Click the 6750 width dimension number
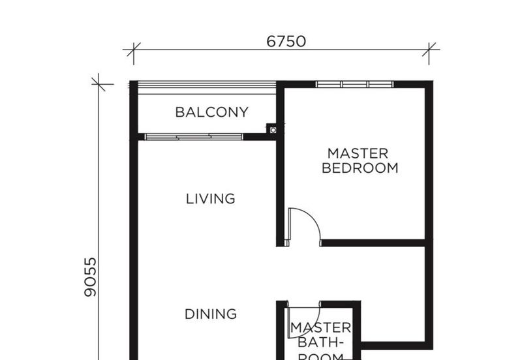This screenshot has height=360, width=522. tap(286, 42)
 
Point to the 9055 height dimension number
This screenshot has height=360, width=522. tap(90, 277)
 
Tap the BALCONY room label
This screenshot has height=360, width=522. tap(211, 112)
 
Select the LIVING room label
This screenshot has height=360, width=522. tap(210, 199)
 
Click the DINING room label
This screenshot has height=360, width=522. tap(211, 314)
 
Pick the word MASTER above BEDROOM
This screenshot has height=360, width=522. tap(358, 153)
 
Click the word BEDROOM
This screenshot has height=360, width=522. tap(360, 168)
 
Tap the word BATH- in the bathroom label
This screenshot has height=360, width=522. tap(320, 342)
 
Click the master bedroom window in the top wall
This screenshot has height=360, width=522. tap(354, 84)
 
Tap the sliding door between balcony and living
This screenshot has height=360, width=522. tap(194, 137)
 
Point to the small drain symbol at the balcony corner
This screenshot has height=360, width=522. tap(273, 130)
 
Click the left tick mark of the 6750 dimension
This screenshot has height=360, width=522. tap(134, 50)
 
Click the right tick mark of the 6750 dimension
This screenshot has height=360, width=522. tap(429, 50)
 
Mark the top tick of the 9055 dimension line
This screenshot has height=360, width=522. tap(99, 84)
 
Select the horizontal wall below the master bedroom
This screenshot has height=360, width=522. tap(373, 243)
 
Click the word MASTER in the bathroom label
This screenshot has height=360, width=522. tap(320, 328)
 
